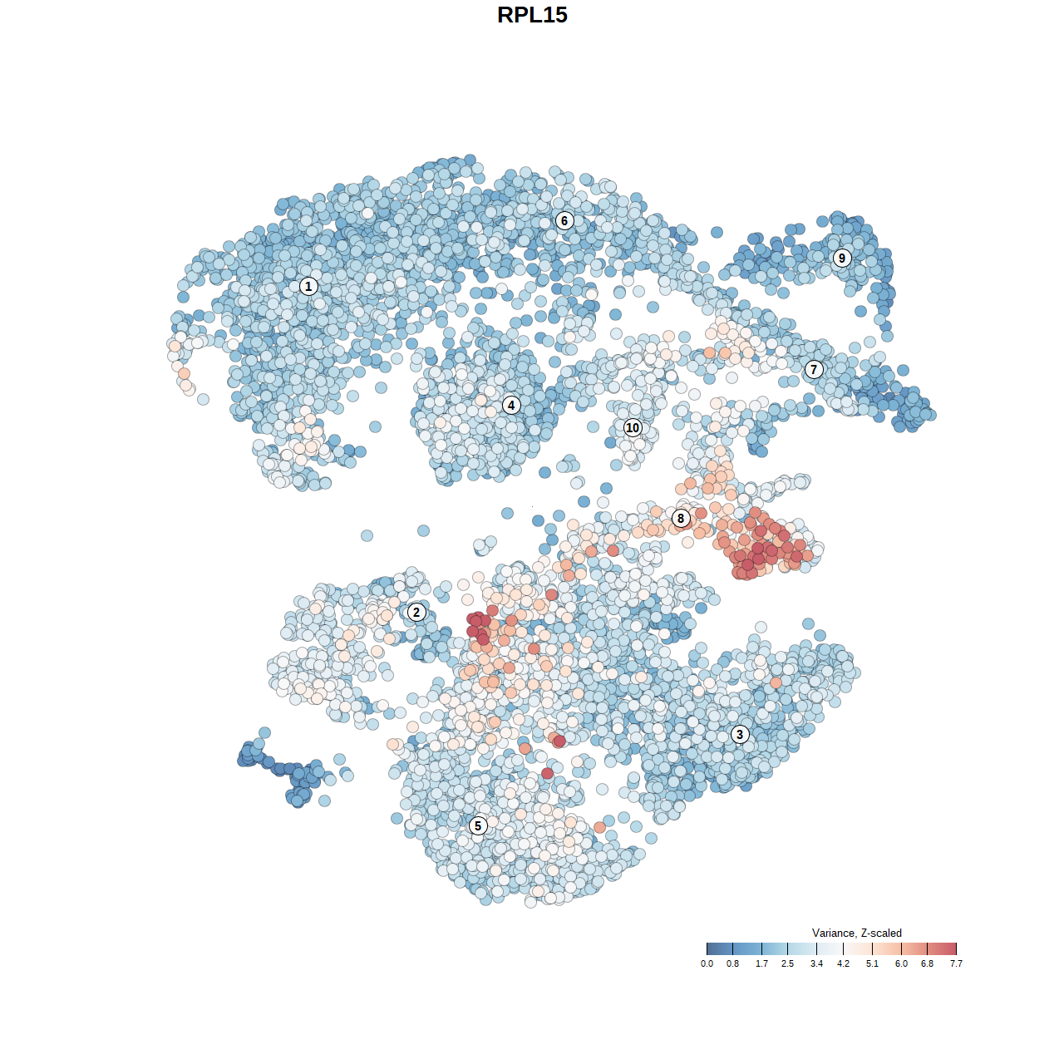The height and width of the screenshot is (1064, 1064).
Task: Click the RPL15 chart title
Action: [532, 15]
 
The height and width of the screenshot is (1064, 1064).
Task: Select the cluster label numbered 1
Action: [308, 286]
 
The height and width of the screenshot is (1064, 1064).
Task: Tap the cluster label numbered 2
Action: [416, 613]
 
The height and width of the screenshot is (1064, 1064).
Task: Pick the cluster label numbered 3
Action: [740, 734]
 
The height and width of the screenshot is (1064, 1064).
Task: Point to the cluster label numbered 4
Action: [511, 405]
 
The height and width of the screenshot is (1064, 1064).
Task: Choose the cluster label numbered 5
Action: [478, 825]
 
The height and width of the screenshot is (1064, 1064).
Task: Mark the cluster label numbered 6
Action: [564, 220]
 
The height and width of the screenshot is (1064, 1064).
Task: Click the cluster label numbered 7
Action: [814, 369]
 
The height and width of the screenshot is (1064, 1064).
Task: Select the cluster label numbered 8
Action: [681, 519]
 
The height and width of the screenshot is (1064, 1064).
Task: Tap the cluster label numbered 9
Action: [842, 258]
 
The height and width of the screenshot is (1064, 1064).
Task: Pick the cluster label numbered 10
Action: [633, 427]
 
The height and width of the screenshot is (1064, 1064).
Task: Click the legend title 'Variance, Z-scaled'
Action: [856, 933]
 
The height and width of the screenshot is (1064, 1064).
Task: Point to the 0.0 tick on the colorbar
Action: [707, 948]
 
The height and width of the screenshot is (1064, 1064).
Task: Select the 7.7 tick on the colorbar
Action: [956, 948]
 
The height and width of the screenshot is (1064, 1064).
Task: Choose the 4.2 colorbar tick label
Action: [843, 964]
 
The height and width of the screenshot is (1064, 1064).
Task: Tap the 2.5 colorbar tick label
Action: [787, 964]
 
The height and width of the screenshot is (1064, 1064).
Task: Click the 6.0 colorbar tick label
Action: [901, 964]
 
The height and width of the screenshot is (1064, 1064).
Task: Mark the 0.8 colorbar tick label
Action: [732, 964]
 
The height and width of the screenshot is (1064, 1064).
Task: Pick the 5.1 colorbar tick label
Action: [872, 964]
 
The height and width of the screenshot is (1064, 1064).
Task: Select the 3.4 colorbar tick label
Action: [816, 964]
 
